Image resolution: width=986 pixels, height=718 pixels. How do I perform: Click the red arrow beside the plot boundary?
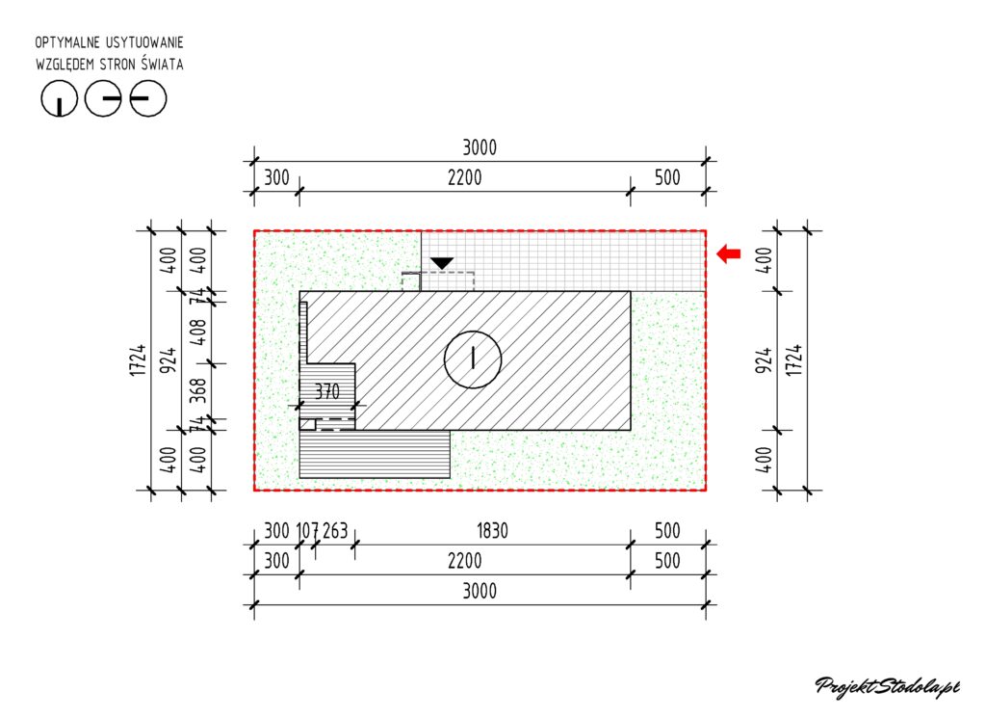pos(728,253)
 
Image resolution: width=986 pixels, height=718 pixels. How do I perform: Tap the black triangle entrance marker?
pos(442,262)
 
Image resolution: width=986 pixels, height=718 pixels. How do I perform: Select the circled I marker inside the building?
pos(473,359)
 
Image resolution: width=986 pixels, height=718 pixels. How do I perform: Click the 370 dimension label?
pos(327,392)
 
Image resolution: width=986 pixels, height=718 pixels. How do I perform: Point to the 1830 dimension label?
pos(492,530)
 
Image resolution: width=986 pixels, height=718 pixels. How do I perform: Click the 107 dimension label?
pos(307,530)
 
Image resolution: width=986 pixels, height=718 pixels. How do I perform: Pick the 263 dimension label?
pos(335,530)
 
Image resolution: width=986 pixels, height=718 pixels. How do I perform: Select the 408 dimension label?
pos(197,332)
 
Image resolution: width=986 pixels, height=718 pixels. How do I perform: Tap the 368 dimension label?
pos(197,390)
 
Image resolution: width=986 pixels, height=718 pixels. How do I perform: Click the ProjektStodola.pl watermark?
pos(887,686)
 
